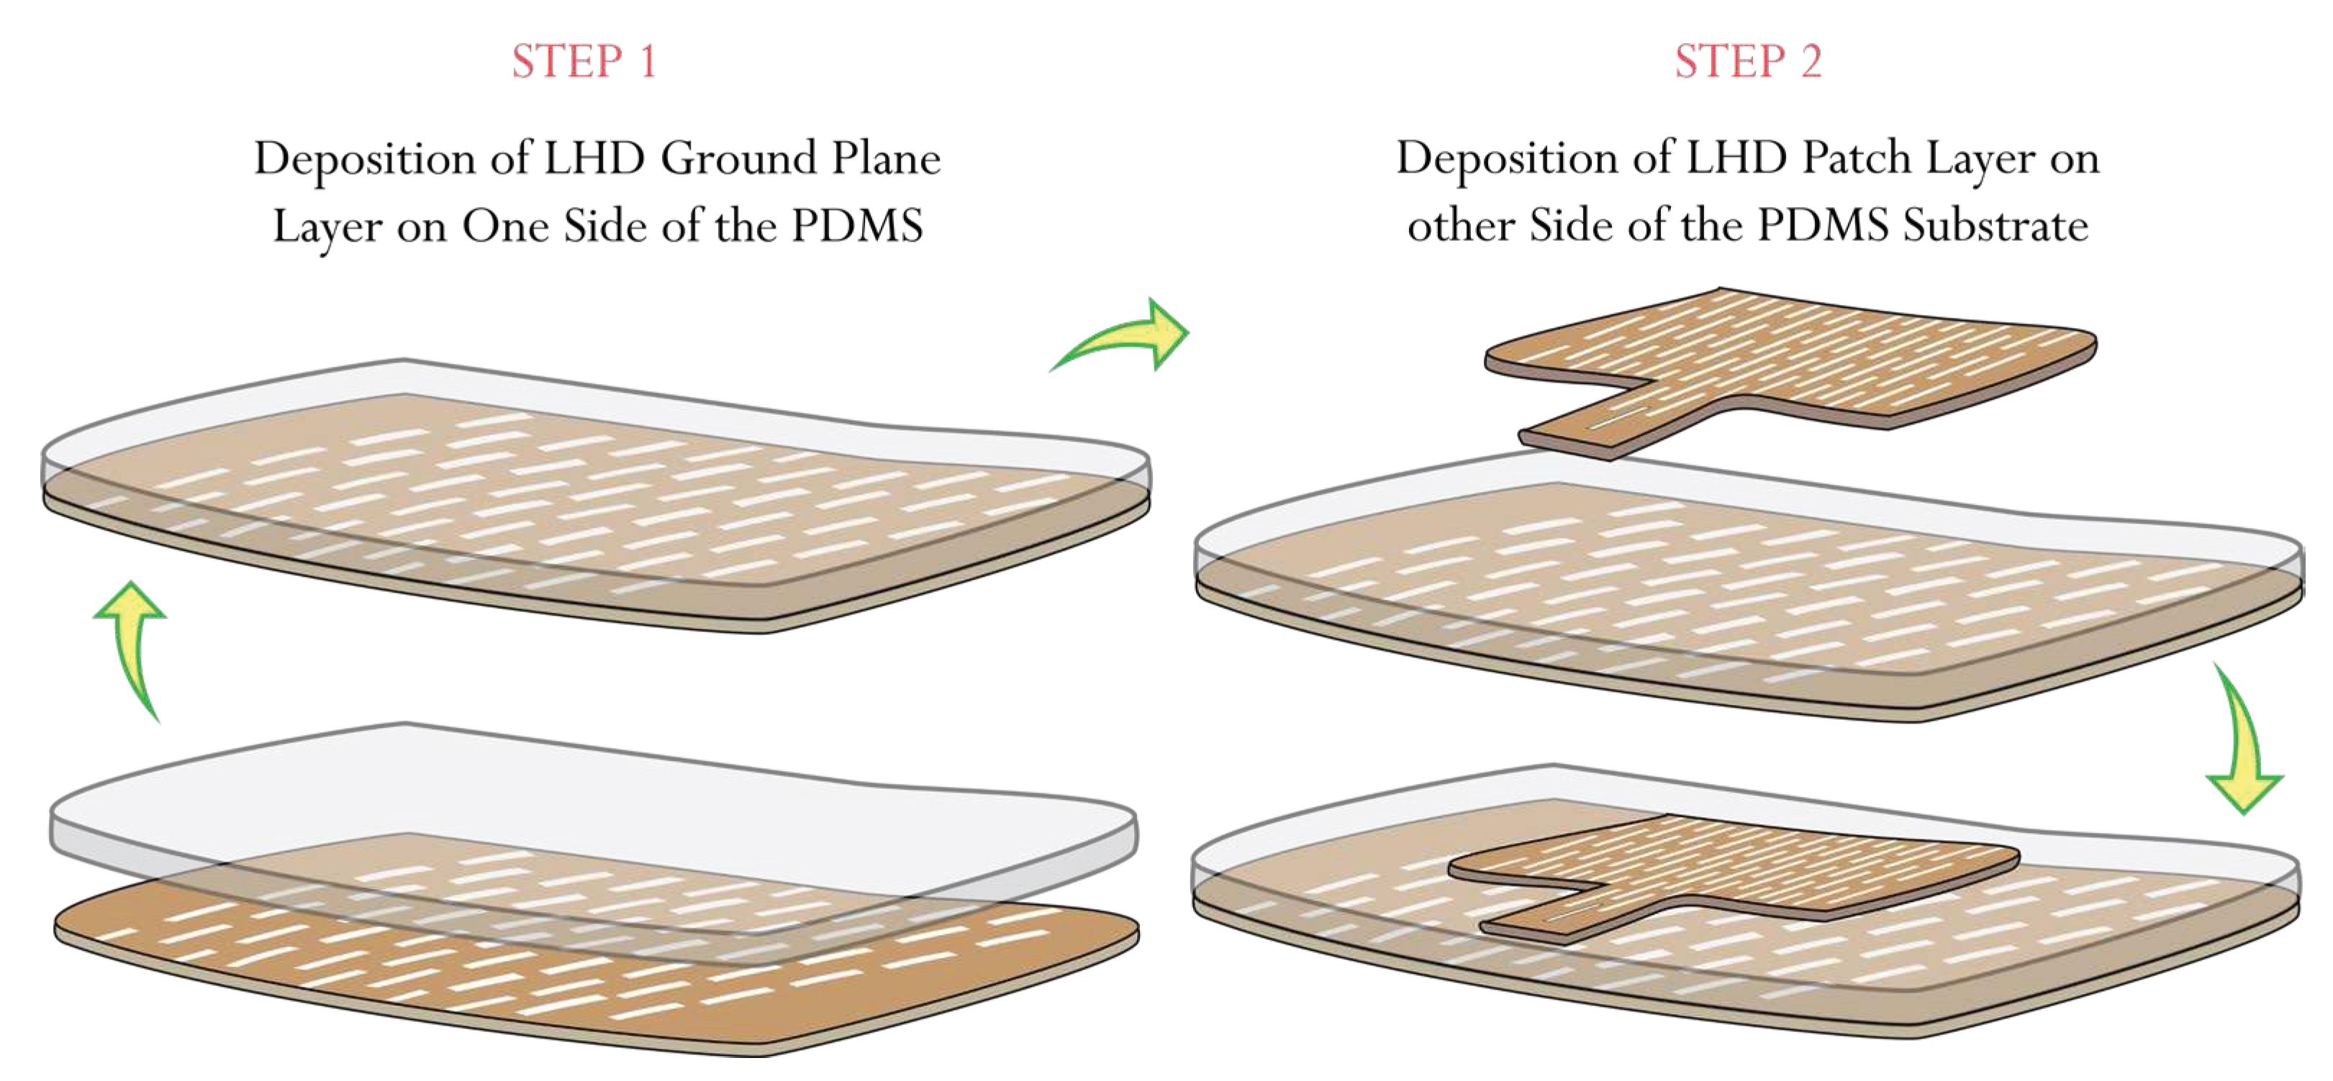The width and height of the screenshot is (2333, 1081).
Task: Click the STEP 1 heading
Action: coord(584,62)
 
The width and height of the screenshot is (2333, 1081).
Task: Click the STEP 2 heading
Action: coord(1747,62)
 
